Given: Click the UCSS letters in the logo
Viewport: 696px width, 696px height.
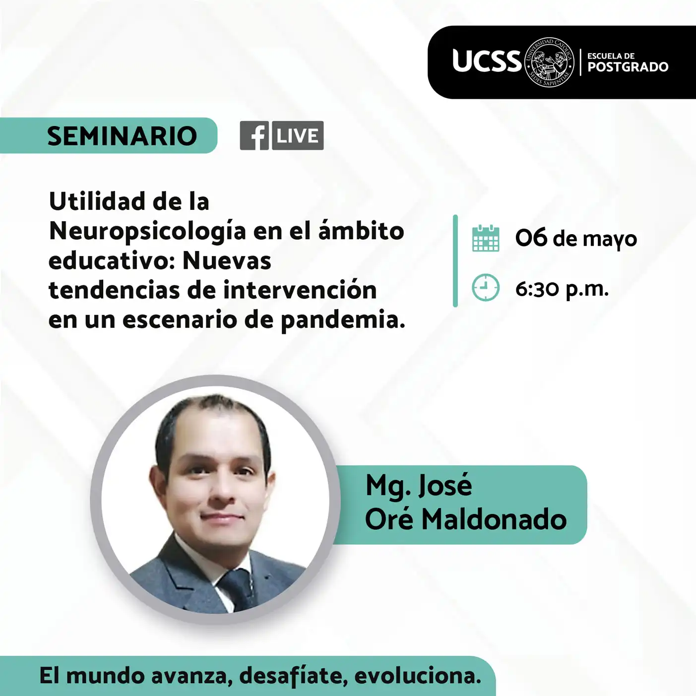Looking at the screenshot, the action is tap(487, 61).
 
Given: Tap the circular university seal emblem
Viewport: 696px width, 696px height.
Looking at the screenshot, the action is tap(549, 62).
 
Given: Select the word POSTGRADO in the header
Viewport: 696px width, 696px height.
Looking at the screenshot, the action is tap(628, 67).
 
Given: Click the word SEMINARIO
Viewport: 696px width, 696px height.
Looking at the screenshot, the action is tap(122, 136).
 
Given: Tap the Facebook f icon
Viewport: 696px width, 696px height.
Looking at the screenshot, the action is tap(254, 135).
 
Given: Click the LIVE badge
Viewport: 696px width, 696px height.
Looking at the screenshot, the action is tap(298, 135).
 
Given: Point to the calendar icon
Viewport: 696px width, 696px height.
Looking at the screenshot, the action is tap(486, 238).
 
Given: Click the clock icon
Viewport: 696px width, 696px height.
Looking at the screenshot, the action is tap(486, 288).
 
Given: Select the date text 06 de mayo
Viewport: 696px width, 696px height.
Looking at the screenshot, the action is tap(576, 239).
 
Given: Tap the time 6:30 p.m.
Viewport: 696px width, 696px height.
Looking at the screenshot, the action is tap(562, 289).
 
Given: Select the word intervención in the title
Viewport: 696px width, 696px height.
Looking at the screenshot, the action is tap(300, 290).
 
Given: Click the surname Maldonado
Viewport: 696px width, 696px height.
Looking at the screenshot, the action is tap(494, 520).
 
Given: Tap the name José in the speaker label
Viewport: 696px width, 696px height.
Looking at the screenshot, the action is tap(444, 486).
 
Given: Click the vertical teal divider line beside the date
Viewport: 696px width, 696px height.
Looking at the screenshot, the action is tap(455, 261).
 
